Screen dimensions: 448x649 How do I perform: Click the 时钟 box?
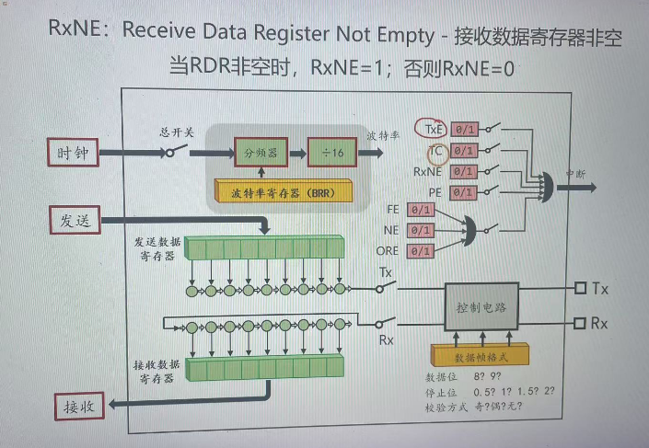click(73, 154)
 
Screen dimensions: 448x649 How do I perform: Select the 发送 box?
click(73, 219)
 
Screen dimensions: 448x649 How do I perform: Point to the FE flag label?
click(391, 210)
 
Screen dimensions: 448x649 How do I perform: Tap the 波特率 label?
click(383, 135)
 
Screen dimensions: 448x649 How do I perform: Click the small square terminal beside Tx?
click(580, 289)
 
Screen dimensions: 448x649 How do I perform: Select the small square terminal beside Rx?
click(580, 323)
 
